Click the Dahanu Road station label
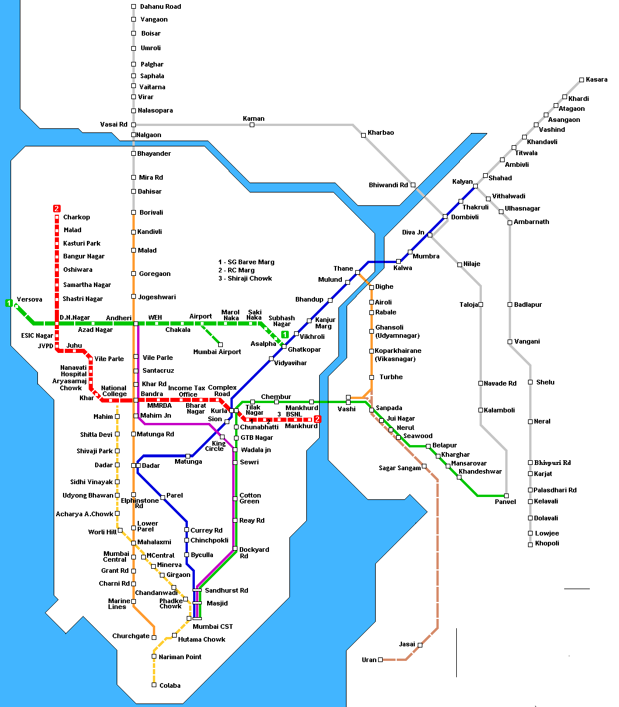coord(160,7)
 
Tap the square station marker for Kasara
coord(581,80)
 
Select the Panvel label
coord(505,502)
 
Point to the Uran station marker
coord(380,660)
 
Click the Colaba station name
coord(170,685)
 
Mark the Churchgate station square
coord(154,638)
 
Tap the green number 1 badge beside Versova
coord(9,303)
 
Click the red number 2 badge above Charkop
coord(57,208)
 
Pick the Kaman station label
coord(253,118)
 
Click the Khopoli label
coord(547,543)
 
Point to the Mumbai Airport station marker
coord(221,344)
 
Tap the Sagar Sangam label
coord(400,468)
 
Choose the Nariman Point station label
coord(181,657)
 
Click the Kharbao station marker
coord(363,135)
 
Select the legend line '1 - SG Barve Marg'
coord(246,262)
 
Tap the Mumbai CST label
coord(212,626)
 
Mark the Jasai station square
coord(420,645)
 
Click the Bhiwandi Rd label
coord(388,185)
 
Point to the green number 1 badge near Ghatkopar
coord(285,334)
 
